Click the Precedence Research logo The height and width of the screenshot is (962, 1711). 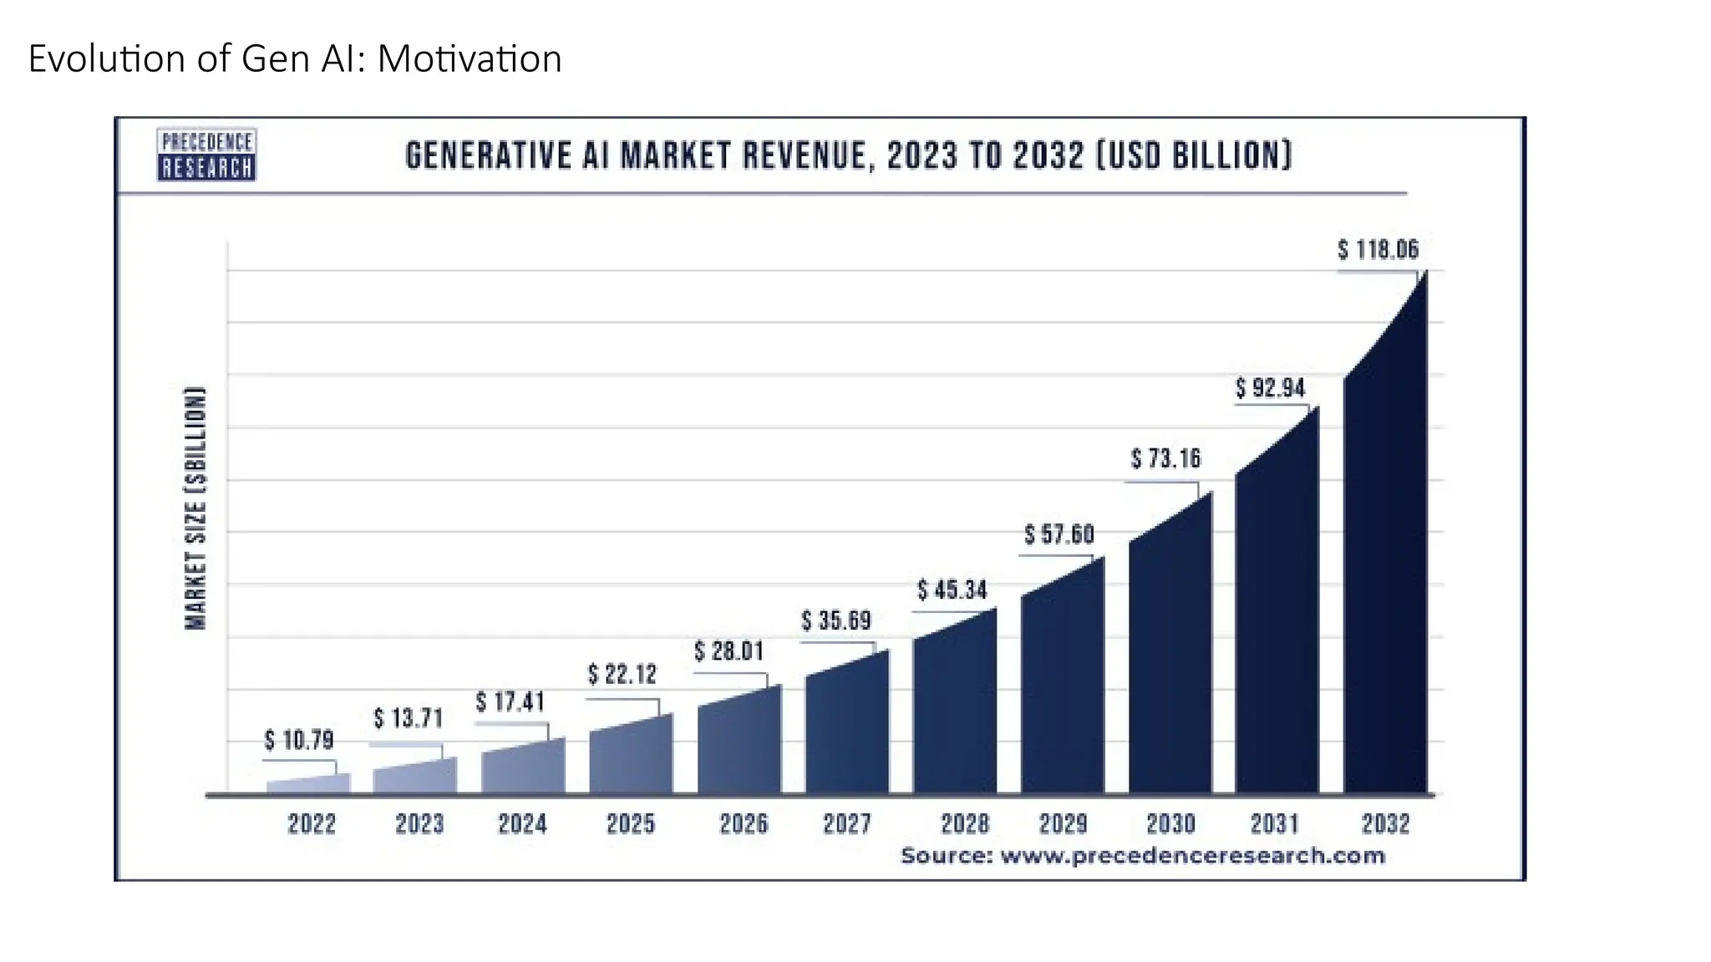206,154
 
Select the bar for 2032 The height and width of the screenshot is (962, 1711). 1385,585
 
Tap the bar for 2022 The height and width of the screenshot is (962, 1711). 308,784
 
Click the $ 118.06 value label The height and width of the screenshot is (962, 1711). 1378,249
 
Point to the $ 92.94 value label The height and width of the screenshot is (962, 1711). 1270,388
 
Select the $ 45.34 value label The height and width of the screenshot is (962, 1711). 952,590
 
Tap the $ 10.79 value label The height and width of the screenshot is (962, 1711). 298,740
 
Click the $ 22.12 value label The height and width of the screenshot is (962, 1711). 622,674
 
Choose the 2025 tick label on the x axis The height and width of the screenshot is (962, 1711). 631,824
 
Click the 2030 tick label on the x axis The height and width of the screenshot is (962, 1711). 1170,824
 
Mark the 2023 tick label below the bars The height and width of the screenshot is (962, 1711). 419,824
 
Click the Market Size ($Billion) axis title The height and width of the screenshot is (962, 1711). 195,508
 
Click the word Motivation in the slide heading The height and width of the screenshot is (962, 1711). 470,59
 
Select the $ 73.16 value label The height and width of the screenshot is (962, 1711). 1165,458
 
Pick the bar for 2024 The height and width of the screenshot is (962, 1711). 523,768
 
